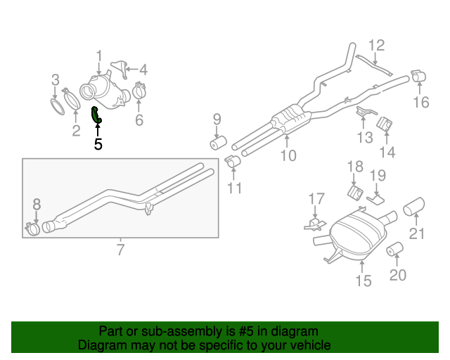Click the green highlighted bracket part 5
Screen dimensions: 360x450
[x=97, y=116]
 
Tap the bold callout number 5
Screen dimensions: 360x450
[x=98, y=145]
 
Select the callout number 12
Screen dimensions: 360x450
[x=377, y=46]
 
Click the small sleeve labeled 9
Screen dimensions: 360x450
[x=217, y=143]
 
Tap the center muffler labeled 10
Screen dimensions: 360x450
[x=289, y=120]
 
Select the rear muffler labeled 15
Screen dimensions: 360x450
[x=357, y=234]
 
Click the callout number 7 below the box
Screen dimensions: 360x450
[x=120, y=248]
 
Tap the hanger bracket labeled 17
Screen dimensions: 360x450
[x=314, y=224]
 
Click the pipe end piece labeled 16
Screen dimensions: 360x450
[x=418, y=77]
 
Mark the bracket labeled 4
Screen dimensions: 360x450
[x=122, y=68]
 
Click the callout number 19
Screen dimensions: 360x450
[x=378, y=175]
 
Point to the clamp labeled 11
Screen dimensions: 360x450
[x=233, y=163]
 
